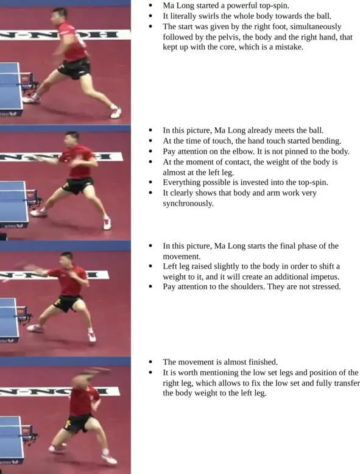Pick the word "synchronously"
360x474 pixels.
pos(188,203)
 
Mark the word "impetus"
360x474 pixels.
pos(325,277)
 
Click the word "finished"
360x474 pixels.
pos(263,362)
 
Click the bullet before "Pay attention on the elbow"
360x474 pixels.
pos(151,152)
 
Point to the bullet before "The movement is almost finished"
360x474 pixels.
pos(151,362)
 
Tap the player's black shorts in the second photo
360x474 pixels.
pos(77,185)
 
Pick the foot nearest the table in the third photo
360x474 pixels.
pos(35,328)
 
